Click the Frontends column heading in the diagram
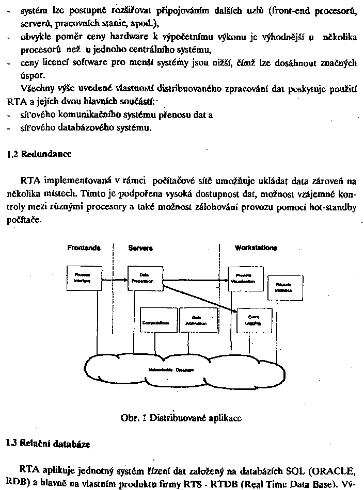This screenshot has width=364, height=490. coord(84,248)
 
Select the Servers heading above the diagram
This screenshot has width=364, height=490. coord(140,248)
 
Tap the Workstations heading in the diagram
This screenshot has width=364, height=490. coord(256,248)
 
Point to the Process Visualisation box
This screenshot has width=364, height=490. coord(244,278)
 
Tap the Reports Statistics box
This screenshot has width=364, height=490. coord(283,288)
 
